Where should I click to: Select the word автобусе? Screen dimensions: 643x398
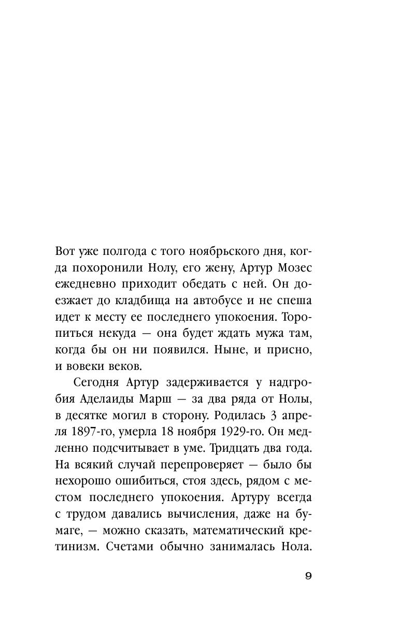tap(221, 307)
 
